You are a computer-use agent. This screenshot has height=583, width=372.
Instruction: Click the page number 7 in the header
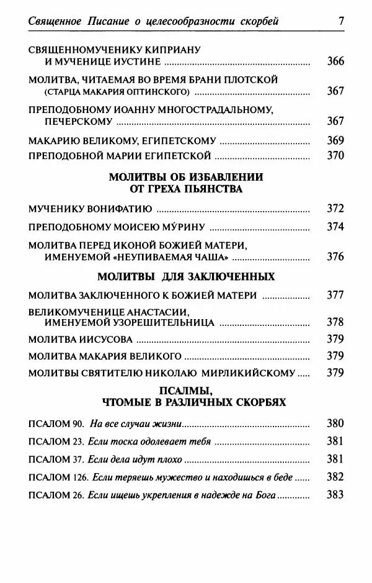pos(341,22)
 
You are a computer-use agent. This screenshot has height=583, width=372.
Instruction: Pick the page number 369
pos(335,140)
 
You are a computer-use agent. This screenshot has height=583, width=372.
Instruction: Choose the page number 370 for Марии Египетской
pos(335,155)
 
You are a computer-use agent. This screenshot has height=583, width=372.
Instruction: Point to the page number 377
pos(335,295)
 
